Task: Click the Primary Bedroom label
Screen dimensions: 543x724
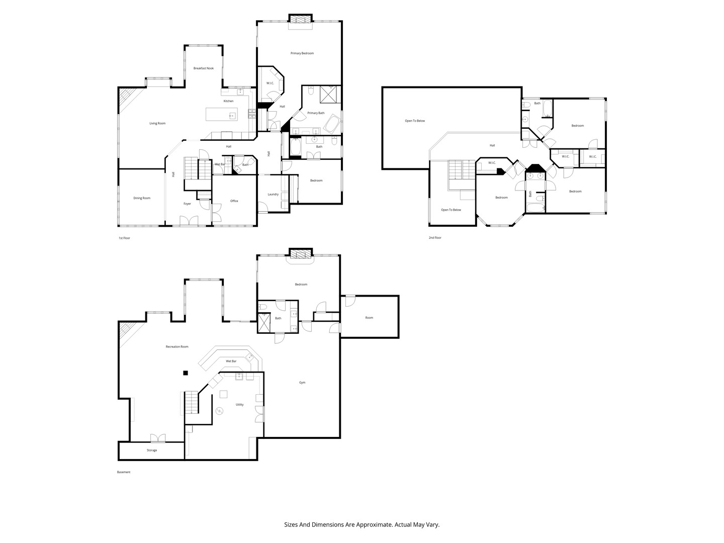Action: pyautogui.click(x=302, y=53)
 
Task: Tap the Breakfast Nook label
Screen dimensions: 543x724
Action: pyautogui.click(x=204, y=68)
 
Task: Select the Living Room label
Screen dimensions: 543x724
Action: pyautogui.click(x=157, y=123)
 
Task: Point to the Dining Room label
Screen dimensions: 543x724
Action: pyautogui.click(x=142, y=198)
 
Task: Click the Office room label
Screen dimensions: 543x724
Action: pyautogui.click(x=234, y=201)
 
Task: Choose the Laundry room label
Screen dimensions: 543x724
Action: pyautogui.click(x=273, y=195)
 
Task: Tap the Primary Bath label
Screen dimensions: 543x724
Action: pyautogui.click(x=316, y=113)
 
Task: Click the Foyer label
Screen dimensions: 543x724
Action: pyautogui.click(x=187, y=204)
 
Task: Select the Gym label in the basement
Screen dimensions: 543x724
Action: pyautogui.click(x=302, y=383)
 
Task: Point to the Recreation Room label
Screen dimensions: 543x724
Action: pyautogui.click(x=177, y=347)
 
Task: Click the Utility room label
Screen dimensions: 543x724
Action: pyautogui.click(x=239, y=405)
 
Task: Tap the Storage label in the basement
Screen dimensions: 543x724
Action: pyautogui.click(x=152, y=450)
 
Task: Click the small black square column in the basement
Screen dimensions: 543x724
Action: pyautogui.click(x=186, y=373)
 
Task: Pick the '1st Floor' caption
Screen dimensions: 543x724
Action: pyautogui.click(x=124, y=238)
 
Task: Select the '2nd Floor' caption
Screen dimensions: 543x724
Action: pyautogui.click(x=435, y=238)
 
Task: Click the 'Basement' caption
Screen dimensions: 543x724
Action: pyautogui.click(x=124, y=472)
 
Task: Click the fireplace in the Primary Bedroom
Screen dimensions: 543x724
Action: pyautogui.click(x=301, y=19)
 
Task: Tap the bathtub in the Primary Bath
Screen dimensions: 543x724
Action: pyautogui.click(x=332, y=124)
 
